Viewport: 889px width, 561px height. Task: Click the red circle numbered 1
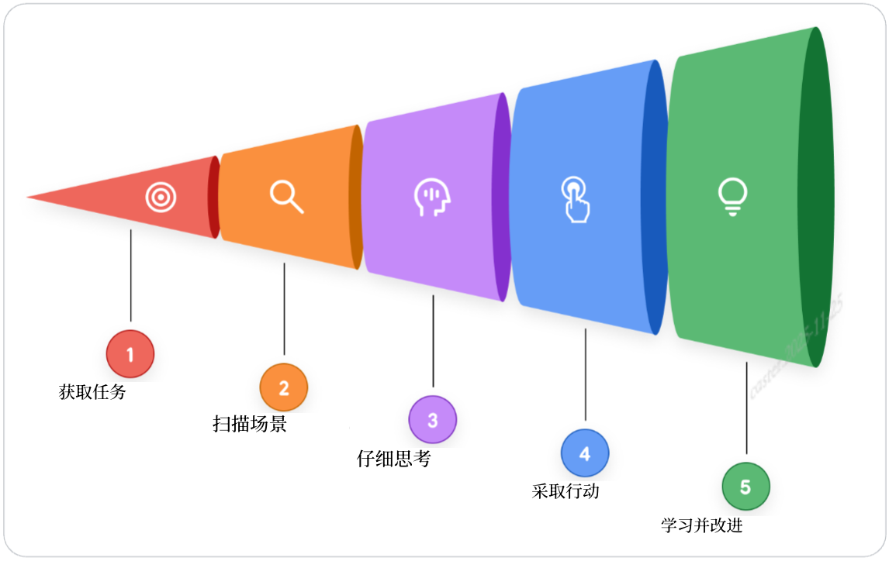[x=130, y=354]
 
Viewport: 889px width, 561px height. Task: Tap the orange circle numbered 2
[x=284, y=387]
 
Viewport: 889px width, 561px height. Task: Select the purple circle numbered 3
[x=433, y=420]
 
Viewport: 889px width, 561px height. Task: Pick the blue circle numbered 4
[x=585, y=453]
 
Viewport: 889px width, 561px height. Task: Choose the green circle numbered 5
[x=745, y=487]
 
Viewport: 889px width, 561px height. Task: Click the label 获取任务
[x=92, y=392]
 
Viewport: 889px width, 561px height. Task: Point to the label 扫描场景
[x=250, y=424]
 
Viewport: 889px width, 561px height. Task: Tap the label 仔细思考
[x=393, y=459]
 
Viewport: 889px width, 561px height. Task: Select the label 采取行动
[x=566, y=491]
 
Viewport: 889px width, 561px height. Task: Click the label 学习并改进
[x=702, y=525]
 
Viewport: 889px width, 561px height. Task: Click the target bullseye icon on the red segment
[x=161, y=198]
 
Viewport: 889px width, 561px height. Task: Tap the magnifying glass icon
[x=286, y=197]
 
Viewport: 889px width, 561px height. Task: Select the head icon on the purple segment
[x=431, y=198]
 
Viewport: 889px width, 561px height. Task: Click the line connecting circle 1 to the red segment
[x=130, y=275]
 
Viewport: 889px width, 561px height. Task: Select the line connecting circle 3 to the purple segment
[x=433, y=341]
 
